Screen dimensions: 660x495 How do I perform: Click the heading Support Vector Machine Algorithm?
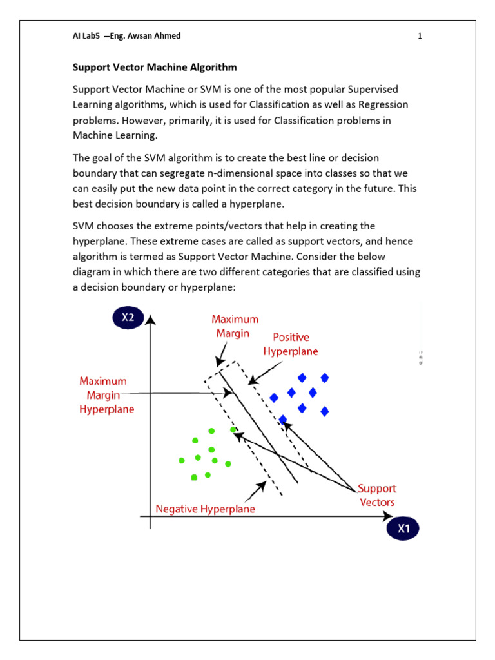point(155,67)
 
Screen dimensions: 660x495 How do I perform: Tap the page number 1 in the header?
point(420,36)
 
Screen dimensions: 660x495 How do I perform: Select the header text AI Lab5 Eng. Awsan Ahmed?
point(126,36)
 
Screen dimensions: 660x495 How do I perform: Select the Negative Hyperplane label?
point(205,509)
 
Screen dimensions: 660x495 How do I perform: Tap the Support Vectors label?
point(377,495)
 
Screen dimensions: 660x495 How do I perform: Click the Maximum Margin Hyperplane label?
point(102,395)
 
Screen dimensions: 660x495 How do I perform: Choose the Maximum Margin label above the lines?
point(235,326)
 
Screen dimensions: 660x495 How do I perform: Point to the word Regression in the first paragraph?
point(376,104)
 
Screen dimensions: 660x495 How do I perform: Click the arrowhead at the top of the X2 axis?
point(150,319)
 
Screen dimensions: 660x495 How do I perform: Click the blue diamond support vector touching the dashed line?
point(282,420)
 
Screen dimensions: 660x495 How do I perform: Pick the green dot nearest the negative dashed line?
point(233,429)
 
